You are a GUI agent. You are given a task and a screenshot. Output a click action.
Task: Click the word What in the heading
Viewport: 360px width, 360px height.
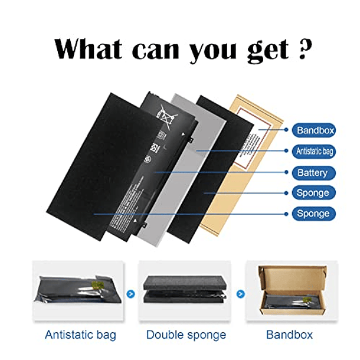click(x=89, y=49)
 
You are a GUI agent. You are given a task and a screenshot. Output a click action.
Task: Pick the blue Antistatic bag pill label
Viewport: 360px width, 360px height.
click(x=314, y=152)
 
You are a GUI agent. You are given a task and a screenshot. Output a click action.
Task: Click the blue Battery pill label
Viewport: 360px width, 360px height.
click(x=313, y=173)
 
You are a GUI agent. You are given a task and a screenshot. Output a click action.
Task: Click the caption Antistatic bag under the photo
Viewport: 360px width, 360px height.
click(x=80, y=335)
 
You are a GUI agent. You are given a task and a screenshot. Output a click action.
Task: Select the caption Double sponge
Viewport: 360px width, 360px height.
click(x=186, y=335)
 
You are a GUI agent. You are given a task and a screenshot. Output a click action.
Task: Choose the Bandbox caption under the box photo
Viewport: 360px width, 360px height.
click(x=289, y=335)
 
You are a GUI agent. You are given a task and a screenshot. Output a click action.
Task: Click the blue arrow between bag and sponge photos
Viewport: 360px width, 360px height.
click(x=130, y=293)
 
